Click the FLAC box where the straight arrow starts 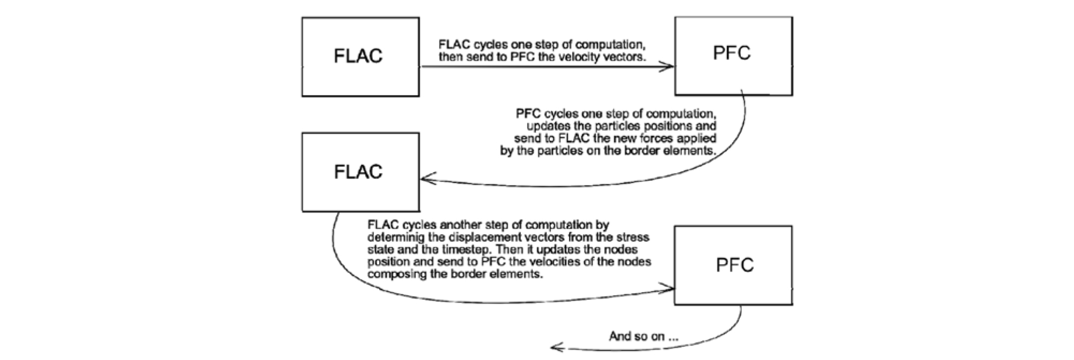pyautogui.click(x=360, y=57)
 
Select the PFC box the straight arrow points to pyautogui.click(x=733, y=56)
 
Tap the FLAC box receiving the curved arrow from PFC pyautogui.click(x=360, y=172)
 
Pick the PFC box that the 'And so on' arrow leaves pyautogui.click(x=733, y=265)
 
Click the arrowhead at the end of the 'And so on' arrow pyautogui.click(x=556, y=348)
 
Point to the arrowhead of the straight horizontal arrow pyautogui.click(x=668, y=67)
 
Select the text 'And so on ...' pyautogui.click(x=643, y=336)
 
